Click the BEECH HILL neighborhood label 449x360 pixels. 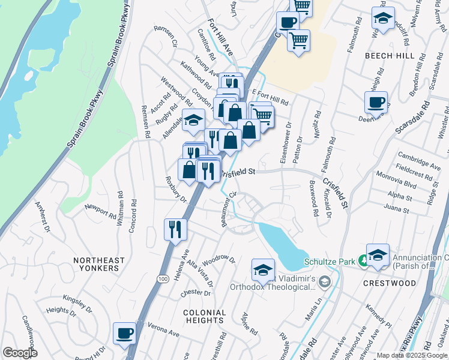[x=389, y=55]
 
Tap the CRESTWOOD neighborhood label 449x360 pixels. [x=389, y=283]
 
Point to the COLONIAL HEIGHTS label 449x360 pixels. [x=205, y=316]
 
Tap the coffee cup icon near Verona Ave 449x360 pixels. [x=125, y=333]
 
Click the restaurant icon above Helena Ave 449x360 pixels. [x=176, y=229]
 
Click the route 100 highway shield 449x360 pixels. [x=163, y=279]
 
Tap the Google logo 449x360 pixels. [x=19, y=353]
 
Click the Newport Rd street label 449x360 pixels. [x=100, y=211]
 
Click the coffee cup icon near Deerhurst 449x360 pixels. [x=376, y=101]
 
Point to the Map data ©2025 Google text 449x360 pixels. [x=411, y=355]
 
